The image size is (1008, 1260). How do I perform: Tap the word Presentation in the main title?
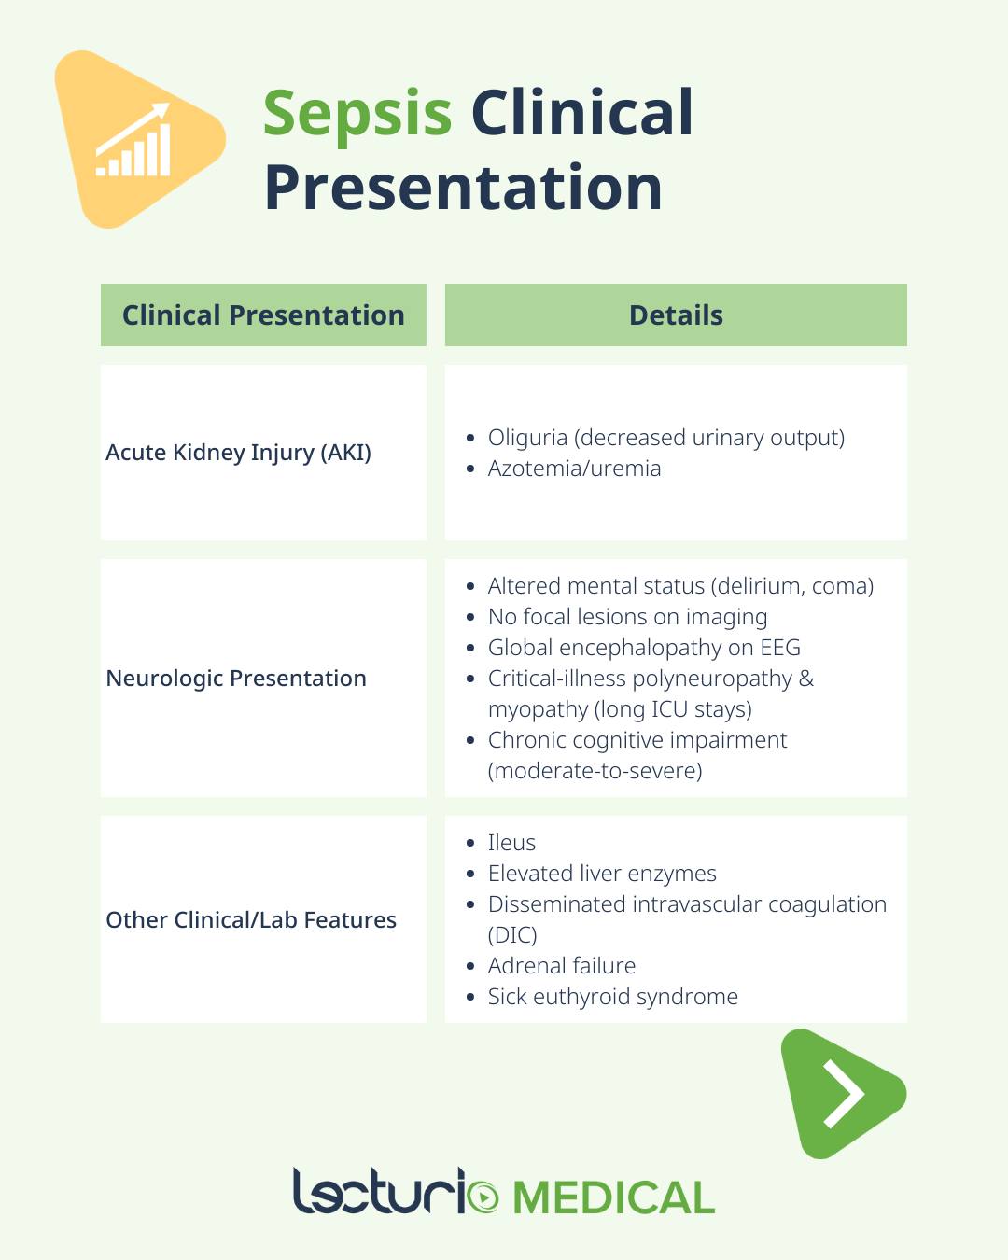[463, 188]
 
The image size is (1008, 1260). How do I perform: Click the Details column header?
[676, 315]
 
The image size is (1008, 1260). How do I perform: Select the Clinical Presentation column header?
[263, 315]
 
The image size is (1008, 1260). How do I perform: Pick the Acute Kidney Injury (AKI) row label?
[238, 453]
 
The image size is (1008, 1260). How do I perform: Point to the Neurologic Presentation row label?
[236, 678]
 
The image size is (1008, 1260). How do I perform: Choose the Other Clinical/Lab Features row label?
[251, 920]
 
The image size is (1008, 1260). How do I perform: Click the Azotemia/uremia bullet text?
[574, 469]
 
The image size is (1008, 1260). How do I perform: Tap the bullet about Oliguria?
[666, 438]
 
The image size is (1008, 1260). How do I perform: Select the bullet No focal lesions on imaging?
[627, 617]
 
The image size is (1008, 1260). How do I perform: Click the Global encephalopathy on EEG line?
[644, 648]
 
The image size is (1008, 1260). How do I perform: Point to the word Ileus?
[511, 843]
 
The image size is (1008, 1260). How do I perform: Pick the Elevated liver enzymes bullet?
[601, 874]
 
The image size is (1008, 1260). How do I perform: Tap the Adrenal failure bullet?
[561, 966]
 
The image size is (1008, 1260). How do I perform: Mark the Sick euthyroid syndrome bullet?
[612, 997]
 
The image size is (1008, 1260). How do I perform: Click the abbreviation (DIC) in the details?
[511, 935]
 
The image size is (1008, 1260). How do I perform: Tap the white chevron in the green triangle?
[844, 1094]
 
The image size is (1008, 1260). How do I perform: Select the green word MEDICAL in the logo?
[614, 1198]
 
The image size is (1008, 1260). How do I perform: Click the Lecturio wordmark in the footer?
[396, 1192]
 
